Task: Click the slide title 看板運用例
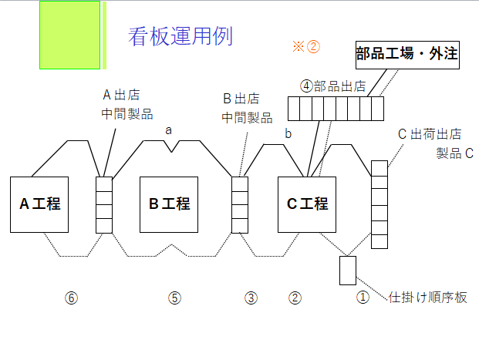click(180, 36)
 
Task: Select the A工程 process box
click(40, 204)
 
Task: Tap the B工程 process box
click(169, 204)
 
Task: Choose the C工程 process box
click(307, 204)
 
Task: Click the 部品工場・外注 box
click(407, 54)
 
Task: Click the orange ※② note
click(305, 46)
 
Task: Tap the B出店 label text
click(241, 99)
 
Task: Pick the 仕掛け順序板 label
click(428, 298)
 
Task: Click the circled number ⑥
click(71, 298)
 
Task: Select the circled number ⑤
click(174, 298)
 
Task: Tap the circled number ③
click(251, 298)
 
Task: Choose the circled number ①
click(363, 298)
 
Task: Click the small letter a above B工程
click(169, 130)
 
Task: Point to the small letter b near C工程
click(288, 133)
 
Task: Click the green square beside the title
click(69, 35)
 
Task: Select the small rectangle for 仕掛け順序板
click(347, 271)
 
